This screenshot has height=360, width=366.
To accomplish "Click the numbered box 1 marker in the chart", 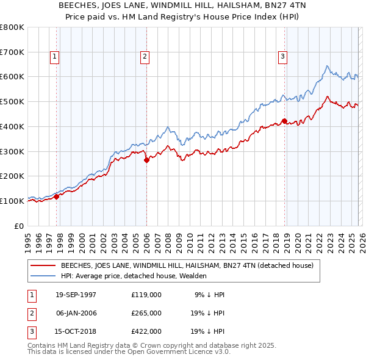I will (x=54, y=57).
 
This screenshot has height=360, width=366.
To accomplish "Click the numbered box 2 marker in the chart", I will (x=145, y=57).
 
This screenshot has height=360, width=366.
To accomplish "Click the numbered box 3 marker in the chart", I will (x=283, y=57).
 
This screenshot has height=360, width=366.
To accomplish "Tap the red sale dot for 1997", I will (x=57, y=196).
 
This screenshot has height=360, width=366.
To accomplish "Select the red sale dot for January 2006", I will (x=146, y=160).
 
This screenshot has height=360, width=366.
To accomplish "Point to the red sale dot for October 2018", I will (x=284, y=121).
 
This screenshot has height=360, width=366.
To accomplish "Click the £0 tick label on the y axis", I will (x=19, y=226).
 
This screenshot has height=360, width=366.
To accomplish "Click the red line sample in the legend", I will (x=43, y=265).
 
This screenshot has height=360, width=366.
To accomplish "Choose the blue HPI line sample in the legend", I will (x=43, y=276).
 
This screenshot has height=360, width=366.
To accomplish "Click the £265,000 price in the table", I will (x=146, y=312).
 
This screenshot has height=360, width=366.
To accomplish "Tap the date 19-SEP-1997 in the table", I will (x=76, y=294).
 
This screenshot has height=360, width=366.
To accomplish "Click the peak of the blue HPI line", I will (x=328, y=66).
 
